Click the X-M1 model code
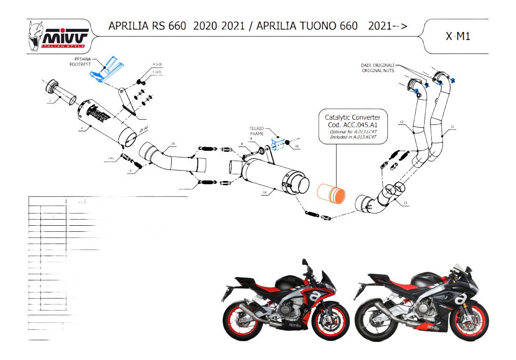click(x=458, y=36)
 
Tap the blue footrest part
click(x=108, y=70)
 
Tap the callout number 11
click(x=452, y=127)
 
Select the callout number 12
click(x=402, y=122)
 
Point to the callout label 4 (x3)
click(x=157, y=64)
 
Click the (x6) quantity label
click(x=112, y=158)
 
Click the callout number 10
click(x=297, y=147)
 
